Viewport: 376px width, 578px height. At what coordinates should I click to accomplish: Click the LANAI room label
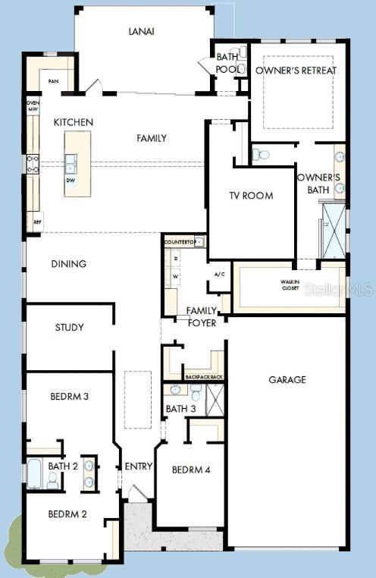point(142,32)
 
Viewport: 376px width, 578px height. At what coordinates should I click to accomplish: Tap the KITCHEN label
point(74,122)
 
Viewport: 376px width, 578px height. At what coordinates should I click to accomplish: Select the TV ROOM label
point(251,196)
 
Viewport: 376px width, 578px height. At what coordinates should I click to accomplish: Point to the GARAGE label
point(287,379)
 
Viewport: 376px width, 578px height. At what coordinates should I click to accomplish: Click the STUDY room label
point(69,328)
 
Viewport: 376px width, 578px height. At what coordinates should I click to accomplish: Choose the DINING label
point(69,264)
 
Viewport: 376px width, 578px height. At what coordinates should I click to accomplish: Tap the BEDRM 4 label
point(191,470)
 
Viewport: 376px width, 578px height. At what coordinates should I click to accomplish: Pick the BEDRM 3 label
point(69,396)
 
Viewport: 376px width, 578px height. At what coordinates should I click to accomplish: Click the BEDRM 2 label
point(67,514)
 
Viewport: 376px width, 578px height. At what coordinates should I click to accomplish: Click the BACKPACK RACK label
point(204,377)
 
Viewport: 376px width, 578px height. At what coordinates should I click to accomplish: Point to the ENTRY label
point(139,466)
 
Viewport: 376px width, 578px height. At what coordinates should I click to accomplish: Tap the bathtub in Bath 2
point(35,473)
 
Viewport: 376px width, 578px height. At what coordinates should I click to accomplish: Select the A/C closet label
point(220,274)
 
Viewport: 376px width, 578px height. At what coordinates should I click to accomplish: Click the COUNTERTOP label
point(179,242)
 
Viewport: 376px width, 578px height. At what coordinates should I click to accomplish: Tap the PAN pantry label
point(54,80)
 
